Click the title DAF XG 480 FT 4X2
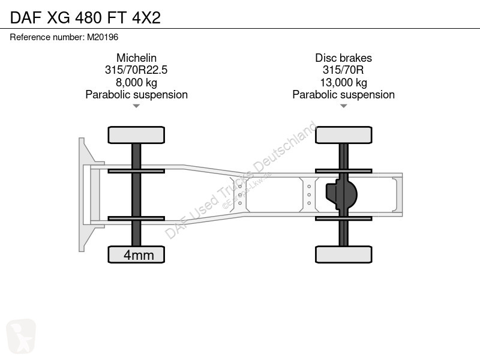[x=85, y=17]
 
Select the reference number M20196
[x=103, y=37]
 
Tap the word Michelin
[x=137, y=58]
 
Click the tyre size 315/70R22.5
[x=136, y=70]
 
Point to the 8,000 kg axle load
[x=137, y=83]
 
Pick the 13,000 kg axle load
[x=343, y=83]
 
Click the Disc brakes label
[x=343, y=58]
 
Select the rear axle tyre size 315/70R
[x=343, y=70]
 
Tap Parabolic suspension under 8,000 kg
[x=137, y=95]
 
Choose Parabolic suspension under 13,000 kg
[x=343, y=95]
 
